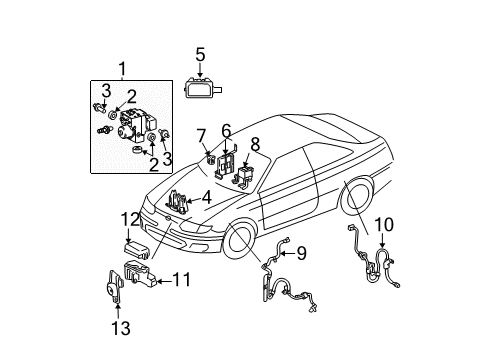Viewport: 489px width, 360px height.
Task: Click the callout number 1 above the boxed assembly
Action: pos(122,69)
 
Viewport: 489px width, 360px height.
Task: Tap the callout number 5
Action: pos(200,54)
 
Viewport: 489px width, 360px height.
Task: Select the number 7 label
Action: pos(201,134)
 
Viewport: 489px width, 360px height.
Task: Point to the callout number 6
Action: pos(226,130)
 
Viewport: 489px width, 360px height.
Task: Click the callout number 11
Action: pos(181,280)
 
